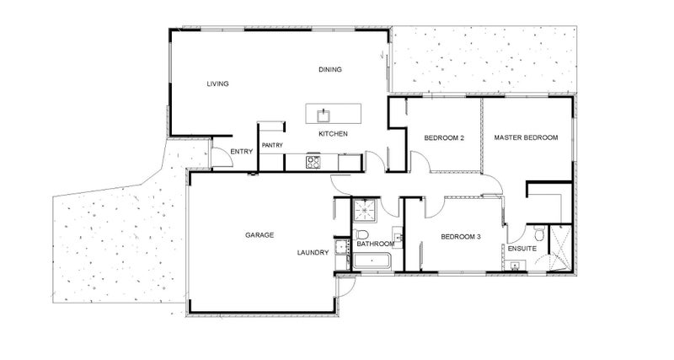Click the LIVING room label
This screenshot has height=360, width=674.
(x=218, y=83)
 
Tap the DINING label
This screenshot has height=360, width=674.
(x=330, y=69)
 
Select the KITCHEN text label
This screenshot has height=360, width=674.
(x=333, y=135)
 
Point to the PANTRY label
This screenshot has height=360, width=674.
(x=272, y=145)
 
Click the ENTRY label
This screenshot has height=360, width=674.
(x=241, y=152)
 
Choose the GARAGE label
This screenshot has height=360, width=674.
(x=259, y=234)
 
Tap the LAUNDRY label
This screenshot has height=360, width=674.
(x=312, y=253)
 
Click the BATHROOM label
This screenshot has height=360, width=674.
(x=375, y=244)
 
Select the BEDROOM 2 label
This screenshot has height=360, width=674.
(x=444, y=137)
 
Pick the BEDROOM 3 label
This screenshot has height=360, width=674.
(x=461, y=238)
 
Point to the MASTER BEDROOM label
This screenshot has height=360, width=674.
(x=526, y=137)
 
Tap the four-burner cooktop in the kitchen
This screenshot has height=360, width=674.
(x=313, y=160)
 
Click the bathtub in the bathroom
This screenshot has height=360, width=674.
(x=372, y=262)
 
